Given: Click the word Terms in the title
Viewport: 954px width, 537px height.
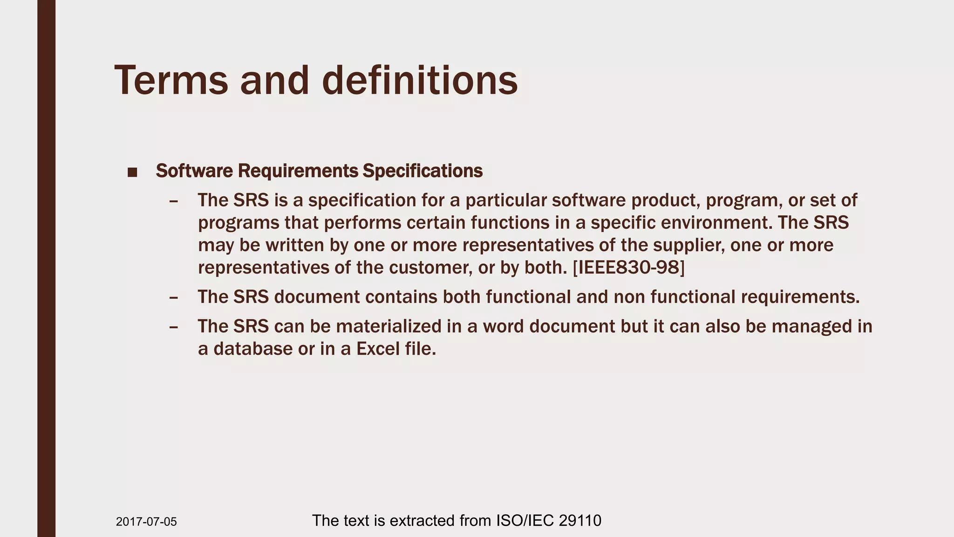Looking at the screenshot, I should pos(171,80).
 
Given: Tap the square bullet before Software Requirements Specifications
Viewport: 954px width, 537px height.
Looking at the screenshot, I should pos(132,172).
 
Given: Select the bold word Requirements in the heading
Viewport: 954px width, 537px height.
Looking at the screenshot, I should pos(298,171).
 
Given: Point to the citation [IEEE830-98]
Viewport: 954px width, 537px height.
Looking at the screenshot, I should pos(628,268).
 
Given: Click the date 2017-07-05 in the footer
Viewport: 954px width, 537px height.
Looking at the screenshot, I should pos(146,522).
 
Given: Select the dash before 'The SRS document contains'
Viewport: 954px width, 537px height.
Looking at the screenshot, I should pos(174,297).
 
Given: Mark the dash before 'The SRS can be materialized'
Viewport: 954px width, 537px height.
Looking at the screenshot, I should pos(174,326).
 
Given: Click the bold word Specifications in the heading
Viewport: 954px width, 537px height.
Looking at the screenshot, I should pos(422,171).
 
